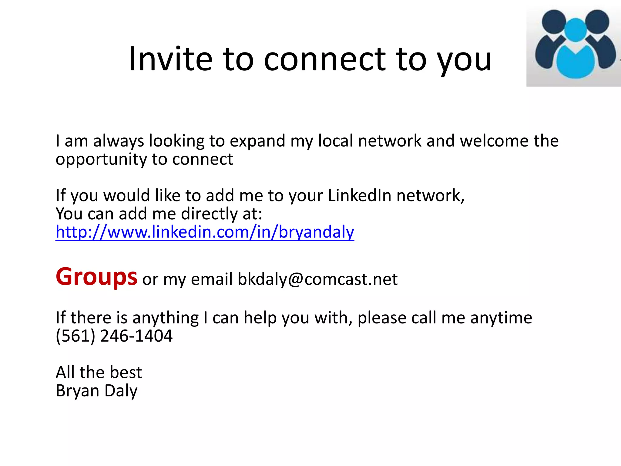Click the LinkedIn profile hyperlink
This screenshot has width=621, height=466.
click(205, 232)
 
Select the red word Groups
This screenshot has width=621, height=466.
click(96, 277)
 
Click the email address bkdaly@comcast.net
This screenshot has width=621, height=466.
click(317, 279)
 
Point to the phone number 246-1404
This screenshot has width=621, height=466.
click(136, 336)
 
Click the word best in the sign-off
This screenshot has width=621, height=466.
click(126, 372)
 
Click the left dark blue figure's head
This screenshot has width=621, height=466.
click(554, 22)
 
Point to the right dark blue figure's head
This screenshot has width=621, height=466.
click(597, 22)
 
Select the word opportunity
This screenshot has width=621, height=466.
click(101, 160)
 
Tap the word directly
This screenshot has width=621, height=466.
click(210, 214)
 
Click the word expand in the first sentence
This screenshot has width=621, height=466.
click(257, 141)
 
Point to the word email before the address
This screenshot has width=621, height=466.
click(212, 279)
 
